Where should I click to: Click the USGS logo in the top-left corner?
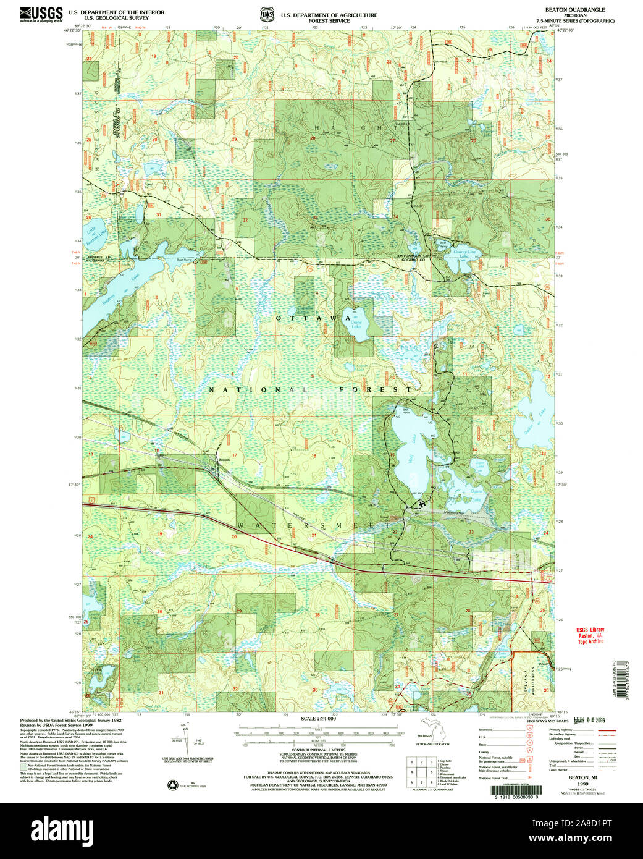click(x=41, y=14)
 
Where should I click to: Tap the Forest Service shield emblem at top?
click(x=266, y=14)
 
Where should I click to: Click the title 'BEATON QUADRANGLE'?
click(x=574, y=10)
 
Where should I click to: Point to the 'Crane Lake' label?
click(x=356, y=324)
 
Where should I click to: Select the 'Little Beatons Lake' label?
click(x=93, y=233)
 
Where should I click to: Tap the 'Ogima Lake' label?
click(x=476, y=493)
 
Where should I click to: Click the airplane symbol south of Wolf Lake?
click(x=422, y=504)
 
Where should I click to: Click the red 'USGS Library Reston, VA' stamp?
click(x=590, y=636)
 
